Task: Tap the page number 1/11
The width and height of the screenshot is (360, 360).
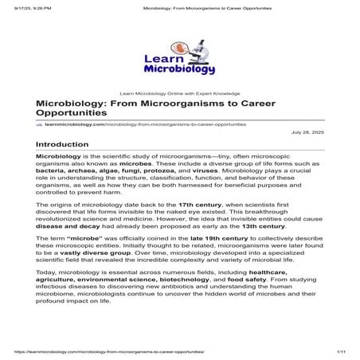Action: [340, 350]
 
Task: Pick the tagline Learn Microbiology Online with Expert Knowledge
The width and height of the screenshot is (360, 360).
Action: [179, 93]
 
